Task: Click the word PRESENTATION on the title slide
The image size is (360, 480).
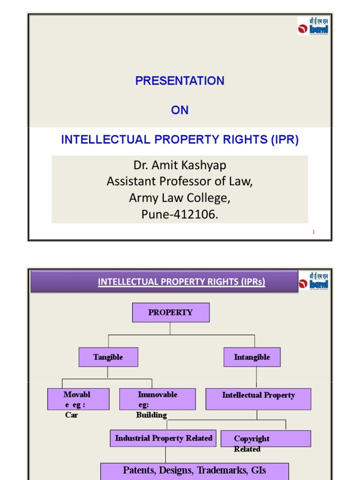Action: pyautogui.click(x=180, y=81)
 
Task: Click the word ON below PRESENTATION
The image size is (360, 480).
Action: pyautogui.click(x=180, y=110)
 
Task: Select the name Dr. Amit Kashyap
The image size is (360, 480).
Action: pyautogui.click(x=180, y=166)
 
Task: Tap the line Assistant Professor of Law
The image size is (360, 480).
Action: pyautogui.click(x=180, y=181)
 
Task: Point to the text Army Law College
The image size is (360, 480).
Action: pyautogui.click(x=180, y=198)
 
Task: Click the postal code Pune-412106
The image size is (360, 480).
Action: pyautogui.click(x=180, y=214)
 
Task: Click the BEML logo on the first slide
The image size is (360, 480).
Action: pyautogui.click(x=313, y=26)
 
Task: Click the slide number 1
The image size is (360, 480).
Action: pyautogui.click(x=314, y=232)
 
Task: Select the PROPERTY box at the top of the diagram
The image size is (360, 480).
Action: pyautogui.click(x=171, y=312)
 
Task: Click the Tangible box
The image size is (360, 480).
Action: pyautogui.click(x=108, y=357)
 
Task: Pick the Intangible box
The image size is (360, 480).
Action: pyautogui.click(x=252, y=357)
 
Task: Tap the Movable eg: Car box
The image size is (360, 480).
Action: pyautogui.click(x=78, y=399)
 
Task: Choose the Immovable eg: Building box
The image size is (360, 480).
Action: pyautogui.click(x=157, y=399)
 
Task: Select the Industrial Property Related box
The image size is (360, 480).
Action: pyautogui.click(x=164, y=438)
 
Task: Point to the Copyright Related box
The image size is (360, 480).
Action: pyautogui.click(x=265, y=439)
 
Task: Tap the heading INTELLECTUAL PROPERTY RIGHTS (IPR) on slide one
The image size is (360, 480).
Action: pyautogui.click(x=180, y=140)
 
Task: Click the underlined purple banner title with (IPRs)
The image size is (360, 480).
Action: pyautogui.click(x=181, y=282)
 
